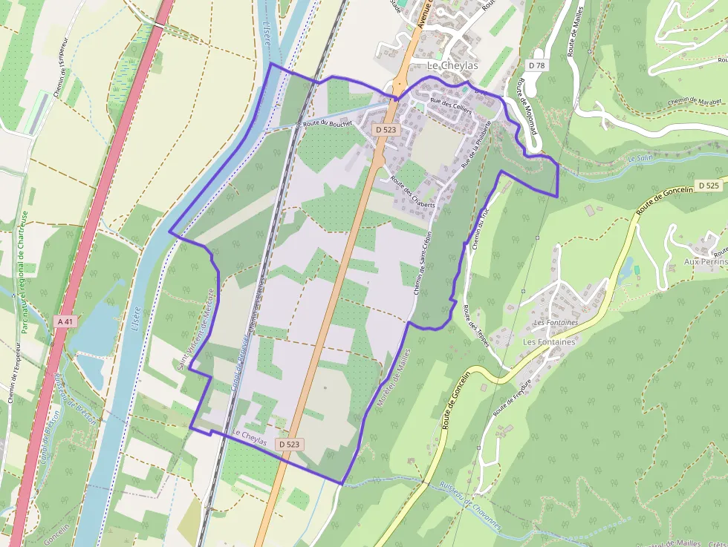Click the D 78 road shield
(536, 65)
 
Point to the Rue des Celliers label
(452, 105)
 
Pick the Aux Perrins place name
(704, 262)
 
